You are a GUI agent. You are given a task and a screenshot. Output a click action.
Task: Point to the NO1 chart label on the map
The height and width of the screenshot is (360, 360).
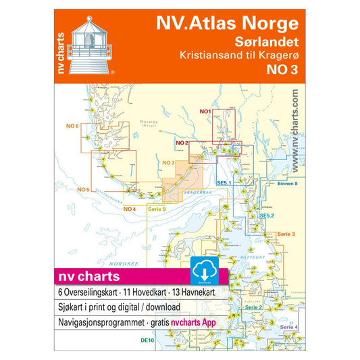[x=206, y=111]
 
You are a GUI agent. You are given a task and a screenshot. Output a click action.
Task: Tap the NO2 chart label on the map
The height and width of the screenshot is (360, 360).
[x=180, y=143]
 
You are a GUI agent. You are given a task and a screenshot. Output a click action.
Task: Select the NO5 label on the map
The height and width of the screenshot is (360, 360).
[x=84, y=188]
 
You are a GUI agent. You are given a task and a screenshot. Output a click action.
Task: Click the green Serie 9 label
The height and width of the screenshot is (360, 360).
[x=157, y=209]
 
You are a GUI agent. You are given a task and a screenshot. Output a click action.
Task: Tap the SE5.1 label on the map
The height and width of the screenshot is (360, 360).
[x=224, y=183]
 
